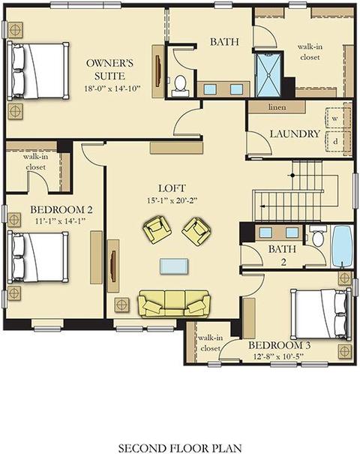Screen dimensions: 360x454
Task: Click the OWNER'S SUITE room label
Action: [109, 70]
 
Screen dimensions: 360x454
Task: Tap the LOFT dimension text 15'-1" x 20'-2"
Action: [172, 200]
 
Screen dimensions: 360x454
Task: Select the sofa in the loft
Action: [174, 304]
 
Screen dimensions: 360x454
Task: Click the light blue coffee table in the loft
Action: [174, 266]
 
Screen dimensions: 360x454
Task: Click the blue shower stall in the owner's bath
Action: [268, 75]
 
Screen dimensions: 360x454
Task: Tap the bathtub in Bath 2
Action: [342, 246]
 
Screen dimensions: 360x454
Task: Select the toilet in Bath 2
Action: [318, 235]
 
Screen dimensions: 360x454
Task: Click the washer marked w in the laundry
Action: [336, 118]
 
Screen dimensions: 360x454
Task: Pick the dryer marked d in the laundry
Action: [336, 142]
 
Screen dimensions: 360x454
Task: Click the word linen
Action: [277, 107]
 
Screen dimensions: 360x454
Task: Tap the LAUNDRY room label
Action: [295, 134]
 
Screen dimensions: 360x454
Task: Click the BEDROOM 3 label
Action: [280, 345]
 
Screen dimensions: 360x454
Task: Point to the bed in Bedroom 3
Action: [321, 314]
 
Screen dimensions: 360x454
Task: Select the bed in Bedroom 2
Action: [38, 257]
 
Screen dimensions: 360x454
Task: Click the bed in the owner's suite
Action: [38, 71]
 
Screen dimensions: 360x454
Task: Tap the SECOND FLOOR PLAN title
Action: [180, 448]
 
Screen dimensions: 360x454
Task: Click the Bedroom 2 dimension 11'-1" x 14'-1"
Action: [61, 221]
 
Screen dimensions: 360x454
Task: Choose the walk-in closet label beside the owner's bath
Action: [310, 52]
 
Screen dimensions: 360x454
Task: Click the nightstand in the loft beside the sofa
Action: [122, 305]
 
